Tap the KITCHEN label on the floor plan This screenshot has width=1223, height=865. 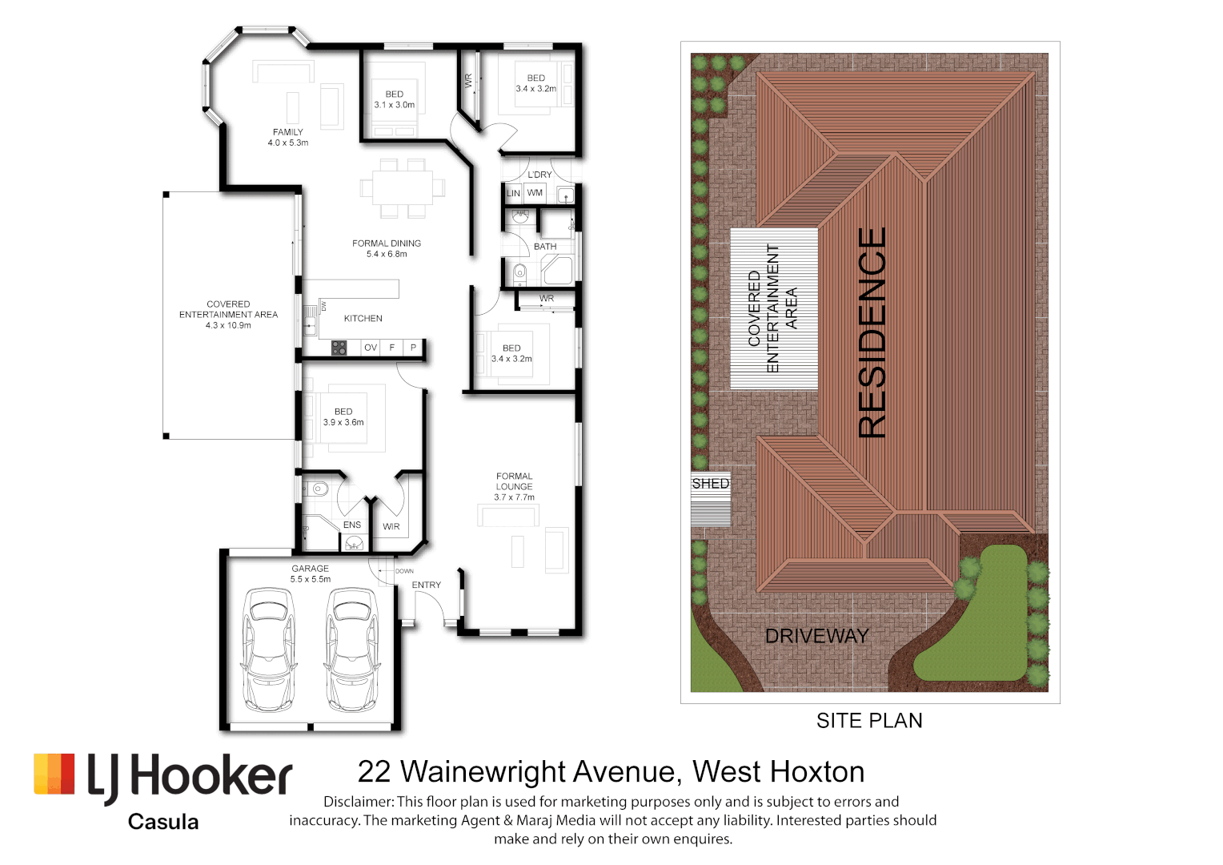tap(363, 319)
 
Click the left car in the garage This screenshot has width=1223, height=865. tap(267, 650)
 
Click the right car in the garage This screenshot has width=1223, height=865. tap(351, 650)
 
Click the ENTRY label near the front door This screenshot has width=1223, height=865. tap(426, 585)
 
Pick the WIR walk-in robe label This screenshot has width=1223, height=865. tap(391, 527)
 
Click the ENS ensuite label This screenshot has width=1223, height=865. tap(352, 525)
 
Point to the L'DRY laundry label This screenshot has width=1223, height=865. tap(539, 175)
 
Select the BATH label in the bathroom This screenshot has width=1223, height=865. tap(545, 247)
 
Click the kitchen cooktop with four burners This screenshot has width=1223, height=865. tap(339, 348)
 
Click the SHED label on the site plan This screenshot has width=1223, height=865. tap(710, 484)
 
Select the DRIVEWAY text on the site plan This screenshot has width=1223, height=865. tap(816, 636)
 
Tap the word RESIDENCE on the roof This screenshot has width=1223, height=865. tap(872, 332)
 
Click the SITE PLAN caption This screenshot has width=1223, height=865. tap(869, 721)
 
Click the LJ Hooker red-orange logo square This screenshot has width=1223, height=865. tap(54, 774)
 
